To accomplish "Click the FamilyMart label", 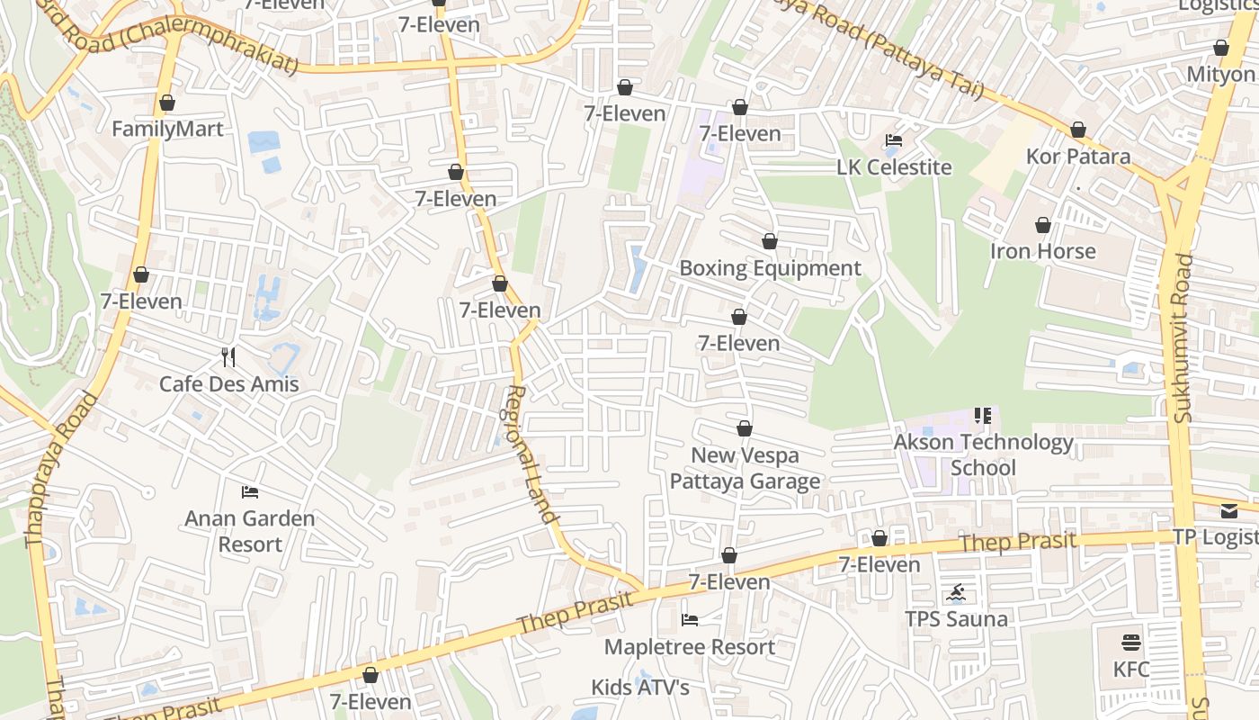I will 167,130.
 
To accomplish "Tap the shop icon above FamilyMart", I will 166,103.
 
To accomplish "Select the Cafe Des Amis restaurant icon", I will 228,357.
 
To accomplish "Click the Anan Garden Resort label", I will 250,531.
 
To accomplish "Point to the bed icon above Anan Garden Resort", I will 250,492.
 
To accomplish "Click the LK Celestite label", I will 894,167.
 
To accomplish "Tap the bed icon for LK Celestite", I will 894,140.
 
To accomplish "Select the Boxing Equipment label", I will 770,268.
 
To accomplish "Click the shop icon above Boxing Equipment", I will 770,242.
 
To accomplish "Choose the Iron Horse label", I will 1043,251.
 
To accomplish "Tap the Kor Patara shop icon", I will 1078,130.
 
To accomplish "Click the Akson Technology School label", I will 983,454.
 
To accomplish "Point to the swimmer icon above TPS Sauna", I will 956,593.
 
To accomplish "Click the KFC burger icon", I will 1131,643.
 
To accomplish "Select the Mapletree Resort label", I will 690,647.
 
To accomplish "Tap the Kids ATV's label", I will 640,688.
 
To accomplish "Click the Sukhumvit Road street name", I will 1183,337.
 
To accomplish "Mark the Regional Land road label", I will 531,454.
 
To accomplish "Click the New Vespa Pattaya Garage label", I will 745,468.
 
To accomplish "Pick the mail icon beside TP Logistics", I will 1229,511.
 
